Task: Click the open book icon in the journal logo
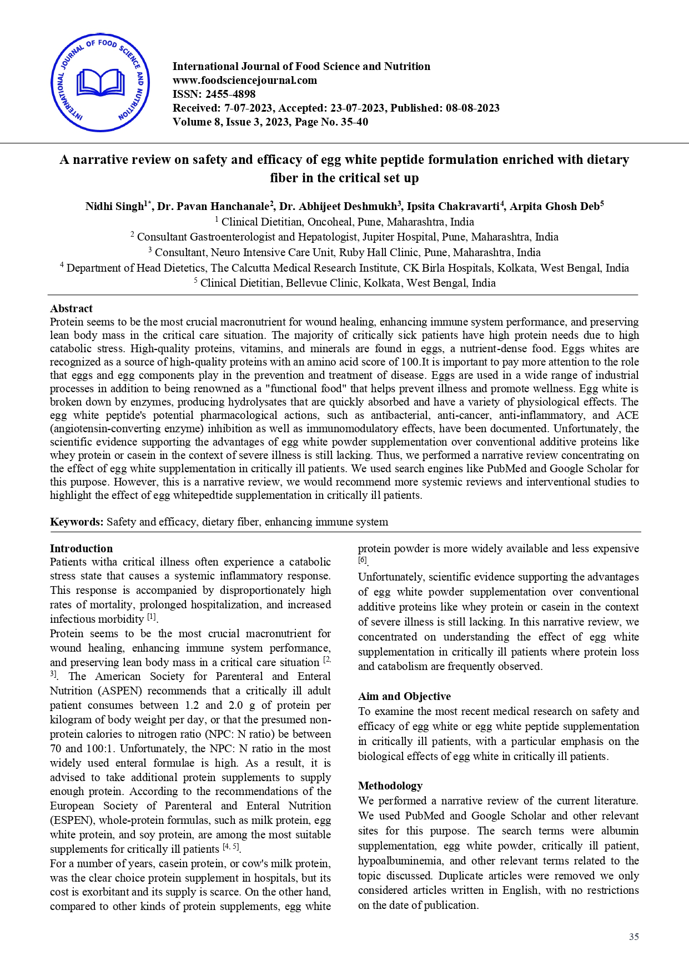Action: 100,83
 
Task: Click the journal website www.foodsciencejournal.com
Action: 245,80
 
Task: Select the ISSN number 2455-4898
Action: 230,94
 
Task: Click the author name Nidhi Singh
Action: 114,207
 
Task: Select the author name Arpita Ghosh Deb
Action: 555,207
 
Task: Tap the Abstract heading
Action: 71,309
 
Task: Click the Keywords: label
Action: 77,522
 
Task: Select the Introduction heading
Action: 81,549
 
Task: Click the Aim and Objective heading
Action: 404,697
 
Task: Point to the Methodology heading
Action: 390,786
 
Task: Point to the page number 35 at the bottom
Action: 633,937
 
